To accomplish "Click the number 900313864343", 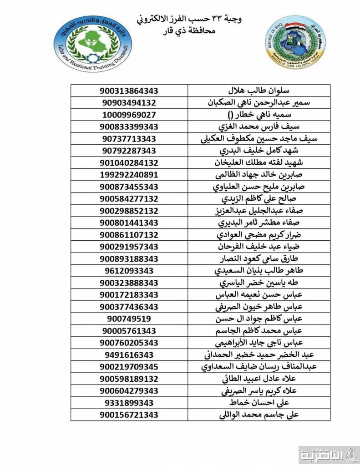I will click(x=129, y=91).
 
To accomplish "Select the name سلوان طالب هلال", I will click(x=239, y=91).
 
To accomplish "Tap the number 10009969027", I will click(x=129, y=114).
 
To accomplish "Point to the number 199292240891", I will click(x=129, y=174).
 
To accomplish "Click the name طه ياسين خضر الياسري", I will click(x=239, y=283).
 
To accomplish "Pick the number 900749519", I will click(x=129, y=319).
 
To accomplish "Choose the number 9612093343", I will click(x=129, y=270).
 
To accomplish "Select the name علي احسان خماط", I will click(x=239, y=403).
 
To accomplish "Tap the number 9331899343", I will click(x=129, y=403).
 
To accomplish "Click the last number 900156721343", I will click(x=129, y=415).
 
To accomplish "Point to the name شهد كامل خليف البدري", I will click(x=239, y=150).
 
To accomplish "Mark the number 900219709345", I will click(x=129, y=366).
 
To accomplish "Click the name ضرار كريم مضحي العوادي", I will click(x=239, y=234).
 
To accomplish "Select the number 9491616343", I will click(x=129, y=355).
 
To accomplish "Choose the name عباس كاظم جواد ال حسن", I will click(x=239, y=319).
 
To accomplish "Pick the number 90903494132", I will click(x=129, y=102).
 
